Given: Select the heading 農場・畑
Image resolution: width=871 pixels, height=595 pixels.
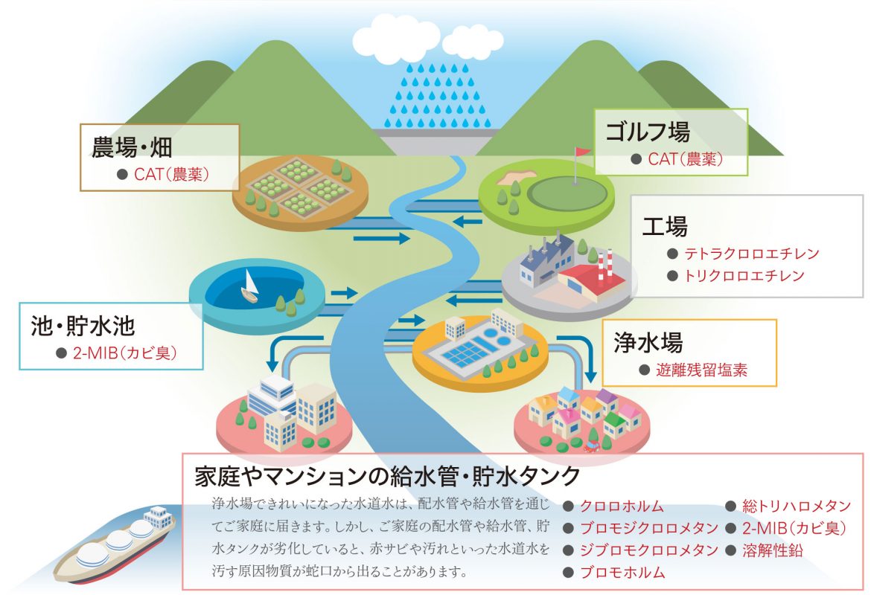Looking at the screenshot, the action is [x=132, y=147].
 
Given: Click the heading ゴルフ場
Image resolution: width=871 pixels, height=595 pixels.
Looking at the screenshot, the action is [x=648, y=131].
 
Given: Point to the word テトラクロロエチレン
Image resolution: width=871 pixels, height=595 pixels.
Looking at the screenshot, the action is [x=752, y=254].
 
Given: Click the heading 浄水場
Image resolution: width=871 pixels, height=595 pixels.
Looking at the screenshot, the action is [x=648, y=342].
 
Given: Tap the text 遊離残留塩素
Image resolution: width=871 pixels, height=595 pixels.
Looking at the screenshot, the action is [x=701, y=370].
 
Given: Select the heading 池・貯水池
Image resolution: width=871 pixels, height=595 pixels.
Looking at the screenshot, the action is [x=83, y=326].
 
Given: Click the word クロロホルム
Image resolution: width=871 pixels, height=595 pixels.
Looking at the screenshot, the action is [x=622, y=506].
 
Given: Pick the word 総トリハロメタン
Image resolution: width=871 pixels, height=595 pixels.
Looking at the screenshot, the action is [x=797, y=506].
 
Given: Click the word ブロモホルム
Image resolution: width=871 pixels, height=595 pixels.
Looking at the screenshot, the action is [x=622, y=572].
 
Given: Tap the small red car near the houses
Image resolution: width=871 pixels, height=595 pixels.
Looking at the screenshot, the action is [x=591, y=446].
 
